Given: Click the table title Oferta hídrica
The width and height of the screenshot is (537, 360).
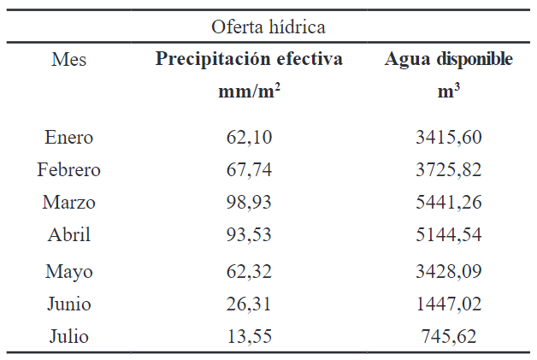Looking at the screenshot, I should tap(268, 27).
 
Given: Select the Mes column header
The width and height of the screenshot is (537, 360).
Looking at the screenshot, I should tap(68, 60).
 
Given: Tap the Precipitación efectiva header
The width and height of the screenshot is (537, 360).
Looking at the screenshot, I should tap(249, 60).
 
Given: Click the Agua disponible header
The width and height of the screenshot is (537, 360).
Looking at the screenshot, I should tap(449, 60).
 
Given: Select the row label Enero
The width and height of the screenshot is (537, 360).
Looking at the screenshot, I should tap(68, 138).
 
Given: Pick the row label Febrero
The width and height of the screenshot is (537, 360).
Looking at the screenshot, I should tap(68, 170).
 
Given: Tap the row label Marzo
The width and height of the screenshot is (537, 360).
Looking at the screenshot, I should tap(68, 203).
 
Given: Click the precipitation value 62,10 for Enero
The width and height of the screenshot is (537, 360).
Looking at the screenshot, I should tap(249, 138).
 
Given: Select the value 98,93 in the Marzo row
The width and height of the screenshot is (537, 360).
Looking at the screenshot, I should tap(249, 203).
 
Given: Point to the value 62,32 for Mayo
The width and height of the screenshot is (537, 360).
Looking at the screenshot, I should tap(249, 272).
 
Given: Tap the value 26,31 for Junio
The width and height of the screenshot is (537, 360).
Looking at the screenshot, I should tap(249, 304).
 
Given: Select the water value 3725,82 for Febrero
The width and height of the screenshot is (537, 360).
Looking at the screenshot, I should tap(449, 170).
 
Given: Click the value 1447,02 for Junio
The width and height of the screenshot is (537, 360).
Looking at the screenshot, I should tap(449, 304).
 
